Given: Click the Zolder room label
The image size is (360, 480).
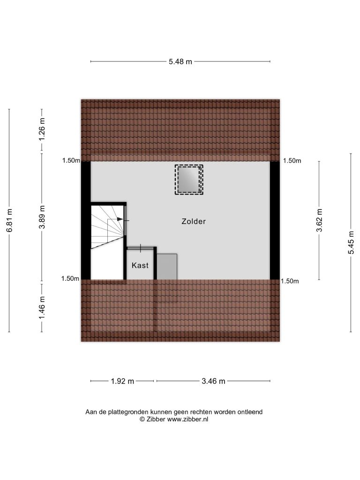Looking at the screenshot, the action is (194, 221).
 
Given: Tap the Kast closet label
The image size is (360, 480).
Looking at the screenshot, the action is (140, 265).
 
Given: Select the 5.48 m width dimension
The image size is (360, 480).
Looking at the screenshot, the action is (180, 61).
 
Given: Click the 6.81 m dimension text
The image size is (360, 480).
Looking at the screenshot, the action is (9, 220).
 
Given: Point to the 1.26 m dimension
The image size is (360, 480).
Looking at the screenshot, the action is (42, 129).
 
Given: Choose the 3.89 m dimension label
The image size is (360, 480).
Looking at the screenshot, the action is (42, 217).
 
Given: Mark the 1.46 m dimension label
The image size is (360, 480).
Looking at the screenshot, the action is (42, 307).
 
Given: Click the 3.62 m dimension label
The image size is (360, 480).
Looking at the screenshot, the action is (319, 220).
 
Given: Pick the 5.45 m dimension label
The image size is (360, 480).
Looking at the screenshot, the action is (351, 242).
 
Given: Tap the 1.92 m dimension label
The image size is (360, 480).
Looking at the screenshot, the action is (122, 381).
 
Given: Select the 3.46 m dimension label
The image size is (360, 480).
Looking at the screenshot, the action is (213, 381).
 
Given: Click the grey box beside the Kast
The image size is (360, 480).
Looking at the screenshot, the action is (167, 267).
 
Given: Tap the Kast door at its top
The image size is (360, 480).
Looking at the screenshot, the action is (140, 248).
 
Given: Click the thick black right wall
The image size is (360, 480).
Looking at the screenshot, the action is (275, 220).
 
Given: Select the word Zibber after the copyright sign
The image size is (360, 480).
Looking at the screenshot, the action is (156, 420).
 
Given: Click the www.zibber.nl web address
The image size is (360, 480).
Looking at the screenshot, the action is (187, 420).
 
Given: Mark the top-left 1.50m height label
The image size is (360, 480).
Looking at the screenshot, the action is (71, 160).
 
